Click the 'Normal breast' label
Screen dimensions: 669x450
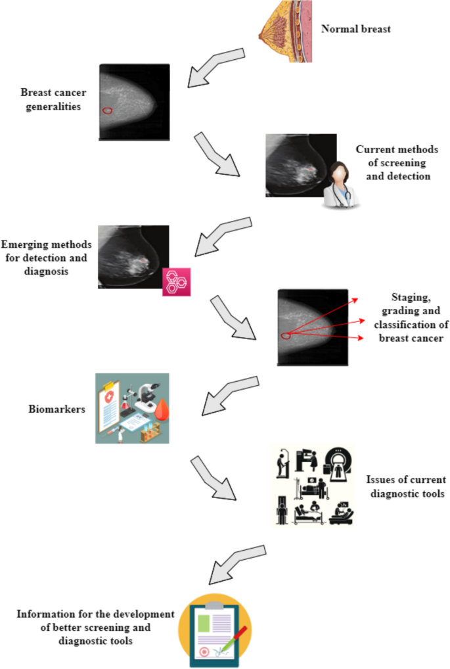click(x=355, y=29)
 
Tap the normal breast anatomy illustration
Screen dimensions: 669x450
click(x=286, y=32)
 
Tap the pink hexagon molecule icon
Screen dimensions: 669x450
click(x=176, y=282)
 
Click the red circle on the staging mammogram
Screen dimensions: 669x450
click(x=286, y=336)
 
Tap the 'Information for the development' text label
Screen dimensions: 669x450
click(x=95, y=627)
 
